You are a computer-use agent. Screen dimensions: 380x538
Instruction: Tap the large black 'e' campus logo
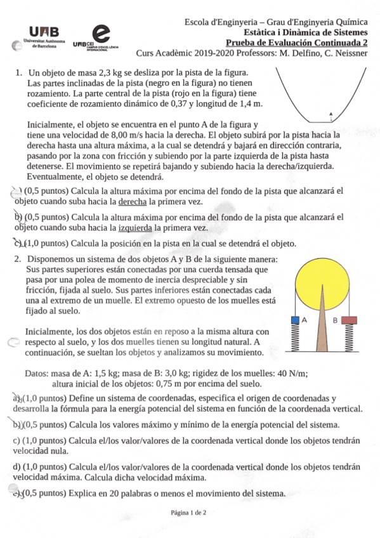click(x=100, y=33)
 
